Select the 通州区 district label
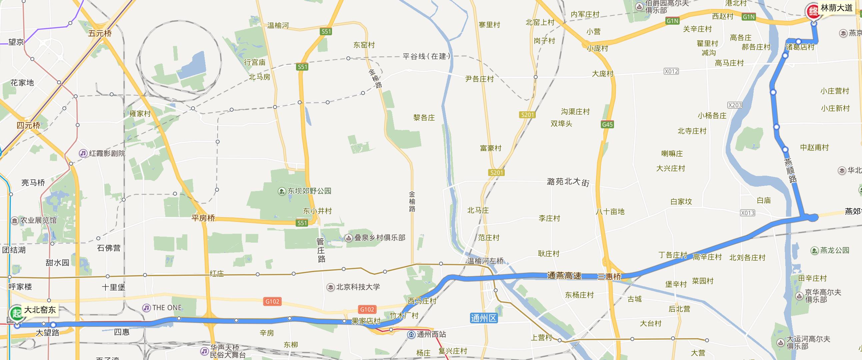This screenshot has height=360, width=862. [484, 318]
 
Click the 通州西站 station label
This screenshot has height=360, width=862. [431, 334]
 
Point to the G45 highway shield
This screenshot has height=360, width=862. [607, 124]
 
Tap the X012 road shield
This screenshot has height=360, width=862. [671, 71]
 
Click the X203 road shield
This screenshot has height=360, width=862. [735, 105]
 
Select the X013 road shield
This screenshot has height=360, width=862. [747, 213]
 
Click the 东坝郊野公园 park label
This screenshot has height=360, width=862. [309, 191]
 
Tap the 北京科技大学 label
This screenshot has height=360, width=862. [358, 287]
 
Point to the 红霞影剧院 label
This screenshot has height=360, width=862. [107, 154]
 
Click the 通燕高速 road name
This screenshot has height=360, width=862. [564, 276]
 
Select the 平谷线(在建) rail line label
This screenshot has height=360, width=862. [426, 56]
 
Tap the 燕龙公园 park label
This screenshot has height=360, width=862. [834, 250]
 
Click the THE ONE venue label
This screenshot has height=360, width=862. [167, 308]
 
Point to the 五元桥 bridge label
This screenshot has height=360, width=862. [100, 33]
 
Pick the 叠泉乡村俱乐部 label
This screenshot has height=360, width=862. [379, 238]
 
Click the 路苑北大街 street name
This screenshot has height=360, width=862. [568, 182]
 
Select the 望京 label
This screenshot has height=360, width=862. [16, 42]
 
